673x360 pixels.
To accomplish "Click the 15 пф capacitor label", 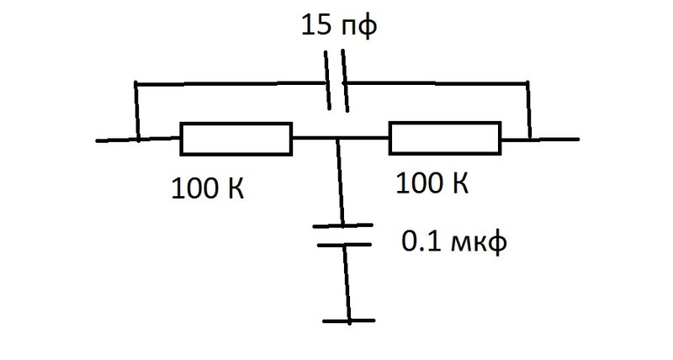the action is (x=339, y=26).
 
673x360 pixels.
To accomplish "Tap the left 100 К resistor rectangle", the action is (x=236, y=123).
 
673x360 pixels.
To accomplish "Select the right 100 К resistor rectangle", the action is (x=445, y=123).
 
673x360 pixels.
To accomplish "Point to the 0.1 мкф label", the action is (x=454, y=242).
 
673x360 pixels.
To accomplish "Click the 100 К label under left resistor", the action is (x=208, y=188).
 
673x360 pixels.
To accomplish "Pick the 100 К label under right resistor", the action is (x=432, y=183).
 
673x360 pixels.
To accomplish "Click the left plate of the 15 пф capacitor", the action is (x=327, y=80).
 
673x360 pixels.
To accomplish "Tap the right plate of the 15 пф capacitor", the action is (x=345, y=81).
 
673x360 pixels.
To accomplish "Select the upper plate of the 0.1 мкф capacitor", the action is (x=342, y=225).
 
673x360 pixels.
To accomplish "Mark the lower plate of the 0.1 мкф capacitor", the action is (x=344, y=245).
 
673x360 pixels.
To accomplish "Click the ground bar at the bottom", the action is (x=349, y=320).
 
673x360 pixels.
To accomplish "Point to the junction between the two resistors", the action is (x=337, y=139).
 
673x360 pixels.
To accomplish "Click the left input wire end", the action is (x=97, y=140).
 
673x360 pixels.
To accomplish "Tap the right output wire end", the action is (x=578, y=139).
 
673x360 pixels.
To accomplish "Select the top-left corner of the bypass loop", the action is (x=135, y=83).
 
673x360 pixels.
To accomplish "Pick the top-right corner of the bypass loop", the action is (x=527, y=82).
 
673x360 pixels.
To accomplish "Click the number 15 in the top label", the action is (x=316, y=25).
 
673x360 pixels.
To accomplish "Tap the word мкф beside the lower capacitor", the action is (x=480, y=243).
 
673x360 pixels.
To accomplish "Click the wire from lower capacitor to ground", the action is (x=347, y=283).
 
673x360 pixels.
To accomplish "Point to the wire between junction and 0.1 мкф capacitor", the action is (x=340, y=182).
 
